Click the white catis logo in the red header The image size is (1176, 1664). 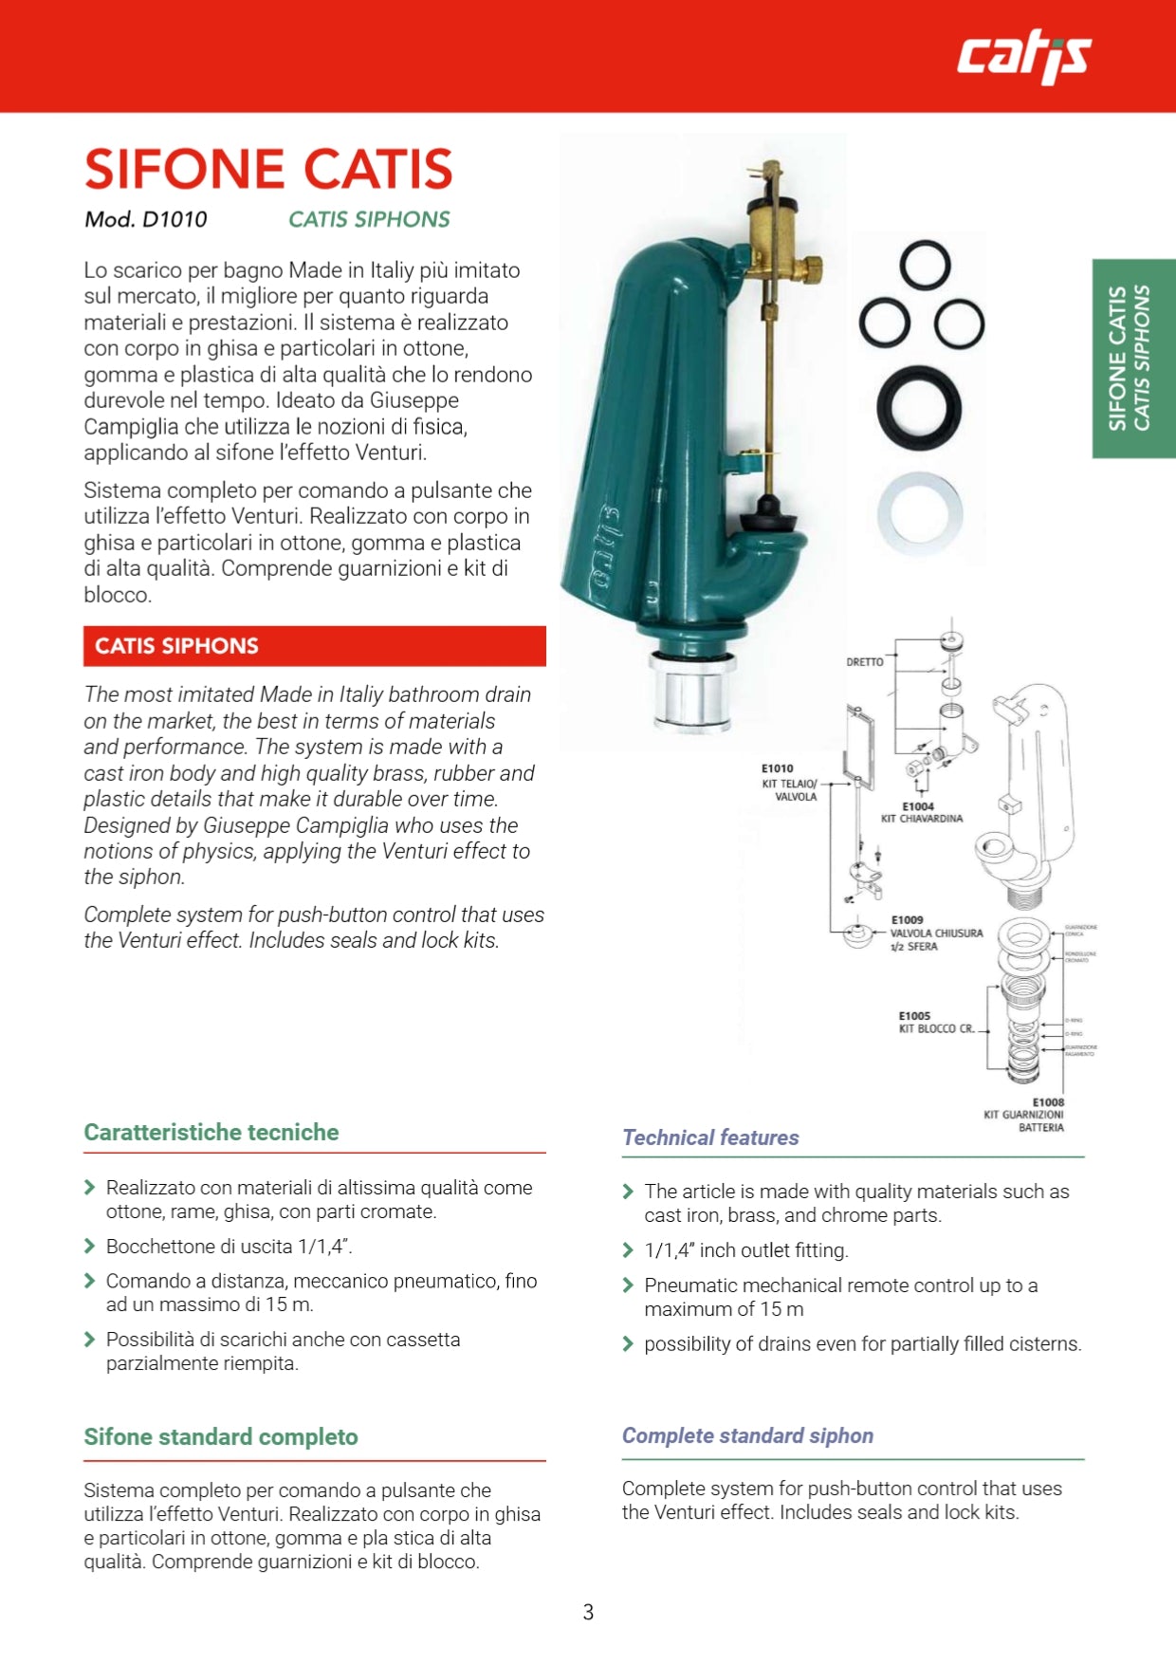(1023, 57)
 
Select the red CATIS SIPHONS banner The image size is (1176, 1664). (314, 646)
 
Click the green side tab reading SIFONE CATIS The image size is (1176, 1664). (1132, 359)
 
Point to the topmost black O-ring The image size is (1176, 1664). (925, 265)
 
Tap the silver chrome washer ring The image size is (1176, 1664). (919, 513)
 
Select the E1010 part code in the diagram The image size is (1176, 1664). (777, 768)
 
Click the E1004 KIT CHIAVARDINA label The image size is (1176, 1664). (921, 813)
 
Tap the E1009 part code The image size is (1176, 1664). (908, 919)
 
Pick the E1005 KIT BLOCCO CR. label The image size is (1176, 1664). (936, 1023)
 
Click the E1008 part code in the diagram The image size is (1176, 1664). (1048, 1102)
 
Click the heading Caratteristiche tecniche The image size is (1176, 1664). (211, 1132)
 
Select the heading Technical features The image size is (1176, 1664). (710, 1137)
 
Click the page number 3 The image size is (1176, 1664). (588, 1612)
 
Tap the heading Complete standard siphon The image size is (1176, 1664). (747, 1435)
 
